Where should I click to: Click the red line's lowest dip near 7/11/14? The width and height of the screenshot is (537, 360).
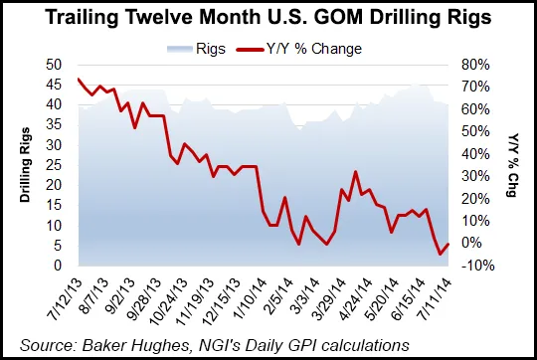point(441,254)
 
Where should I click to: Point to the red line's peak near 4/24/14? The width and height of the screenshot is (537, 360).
point(356,172)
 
